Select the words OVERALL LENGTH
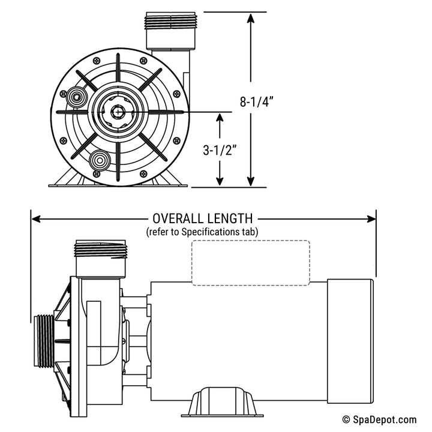(202, 219)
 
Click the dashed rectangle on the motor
(250, 262)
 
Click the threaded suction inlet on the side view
(42, 340)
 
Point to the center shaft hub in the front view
(117, 112)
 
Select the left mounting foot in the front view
(64, 179)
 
